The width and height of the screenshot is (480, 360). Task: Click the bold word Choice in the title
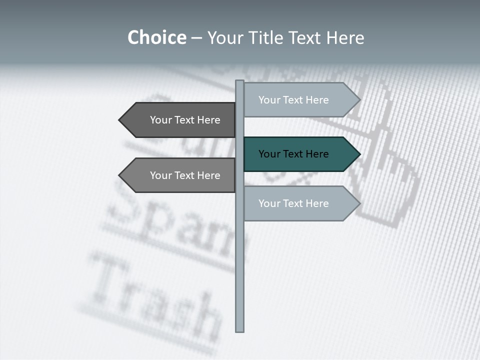click(x=156, y=38)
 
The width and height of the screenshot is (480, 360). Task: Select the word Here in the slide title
click(x=345, y=38)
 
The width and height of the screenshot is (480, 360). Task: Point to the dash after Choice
click(x=196, y=38)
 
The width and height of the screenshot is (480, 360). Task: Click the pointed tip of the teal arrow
click(x=359, y=154)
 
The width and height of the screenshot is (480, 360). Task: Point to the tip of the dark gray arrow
click(x=120, y=120)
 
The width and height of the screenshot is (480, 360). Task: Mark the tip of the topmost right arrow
click(x=359, y=100)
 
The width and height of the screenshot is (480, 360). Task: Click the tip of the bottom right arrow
click(x=359, y=203)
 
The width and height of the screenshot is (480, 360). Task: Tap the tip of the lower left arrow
click(x=120, y=175)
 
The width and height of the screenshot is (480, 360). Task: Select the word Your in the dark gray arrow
click(x=161, y=120)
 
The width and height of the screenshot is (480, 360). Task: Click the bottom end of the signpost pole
click(x=239, y=330)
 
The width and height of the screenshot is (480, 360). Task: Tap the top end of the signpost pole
click(x=239, y=82)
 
